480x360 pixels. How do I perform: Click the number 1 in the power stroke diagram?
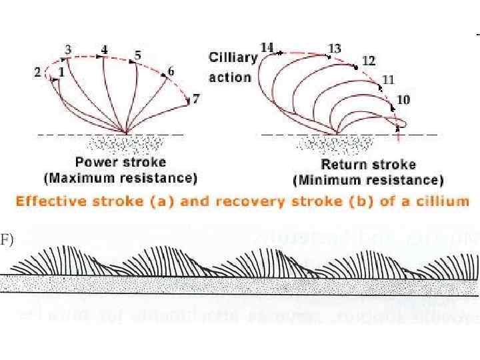[x=61, y=70]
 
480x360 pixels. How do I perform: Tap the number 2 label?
[x=38, y=72]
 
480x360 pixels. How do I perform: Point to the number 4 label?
[x=105, y=49]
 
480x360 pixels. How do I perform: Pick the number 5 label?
[x=137, y=55]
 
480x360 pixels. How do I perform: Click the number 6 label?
[x=171, y=71]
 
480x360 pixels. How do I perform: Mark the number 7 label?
[x=195, y=99]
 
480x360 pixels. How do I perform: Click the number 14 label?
[x=267, y=47]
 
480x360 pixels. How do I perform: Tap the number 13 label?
[x=335, y=49]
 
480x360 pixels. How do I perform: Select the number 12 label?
[x=369, y=61]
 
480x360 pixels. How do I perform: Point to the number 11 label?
[x=388, y=79]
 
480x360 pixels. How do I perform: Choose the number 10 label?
[x=403, y=100]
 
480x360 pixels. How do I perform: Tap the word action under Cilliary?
[x=230, y=77]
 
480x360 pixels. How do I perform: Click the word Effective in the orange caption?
[x=48, y=202]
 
